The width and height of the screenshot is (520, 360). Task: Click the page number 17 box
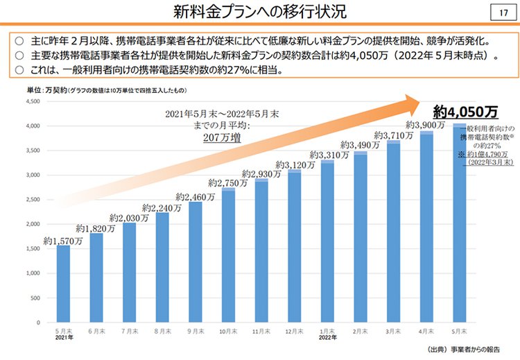coord(503,13)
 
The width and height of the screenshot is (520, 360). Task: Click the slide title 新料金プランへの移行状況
coord(260,12)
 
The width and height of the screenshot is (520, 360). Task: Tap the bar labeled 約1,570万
coord(63,284)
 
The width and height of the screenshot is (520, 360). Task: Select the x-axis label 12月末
coord(295,332)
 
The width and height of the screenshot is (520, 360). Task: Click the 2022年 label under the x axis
coord(328,338)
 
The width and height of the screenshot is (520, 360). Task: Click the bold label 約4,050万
coord(456,111)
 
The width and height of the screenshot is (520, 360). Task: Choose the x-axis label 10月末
coord(228,332)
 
